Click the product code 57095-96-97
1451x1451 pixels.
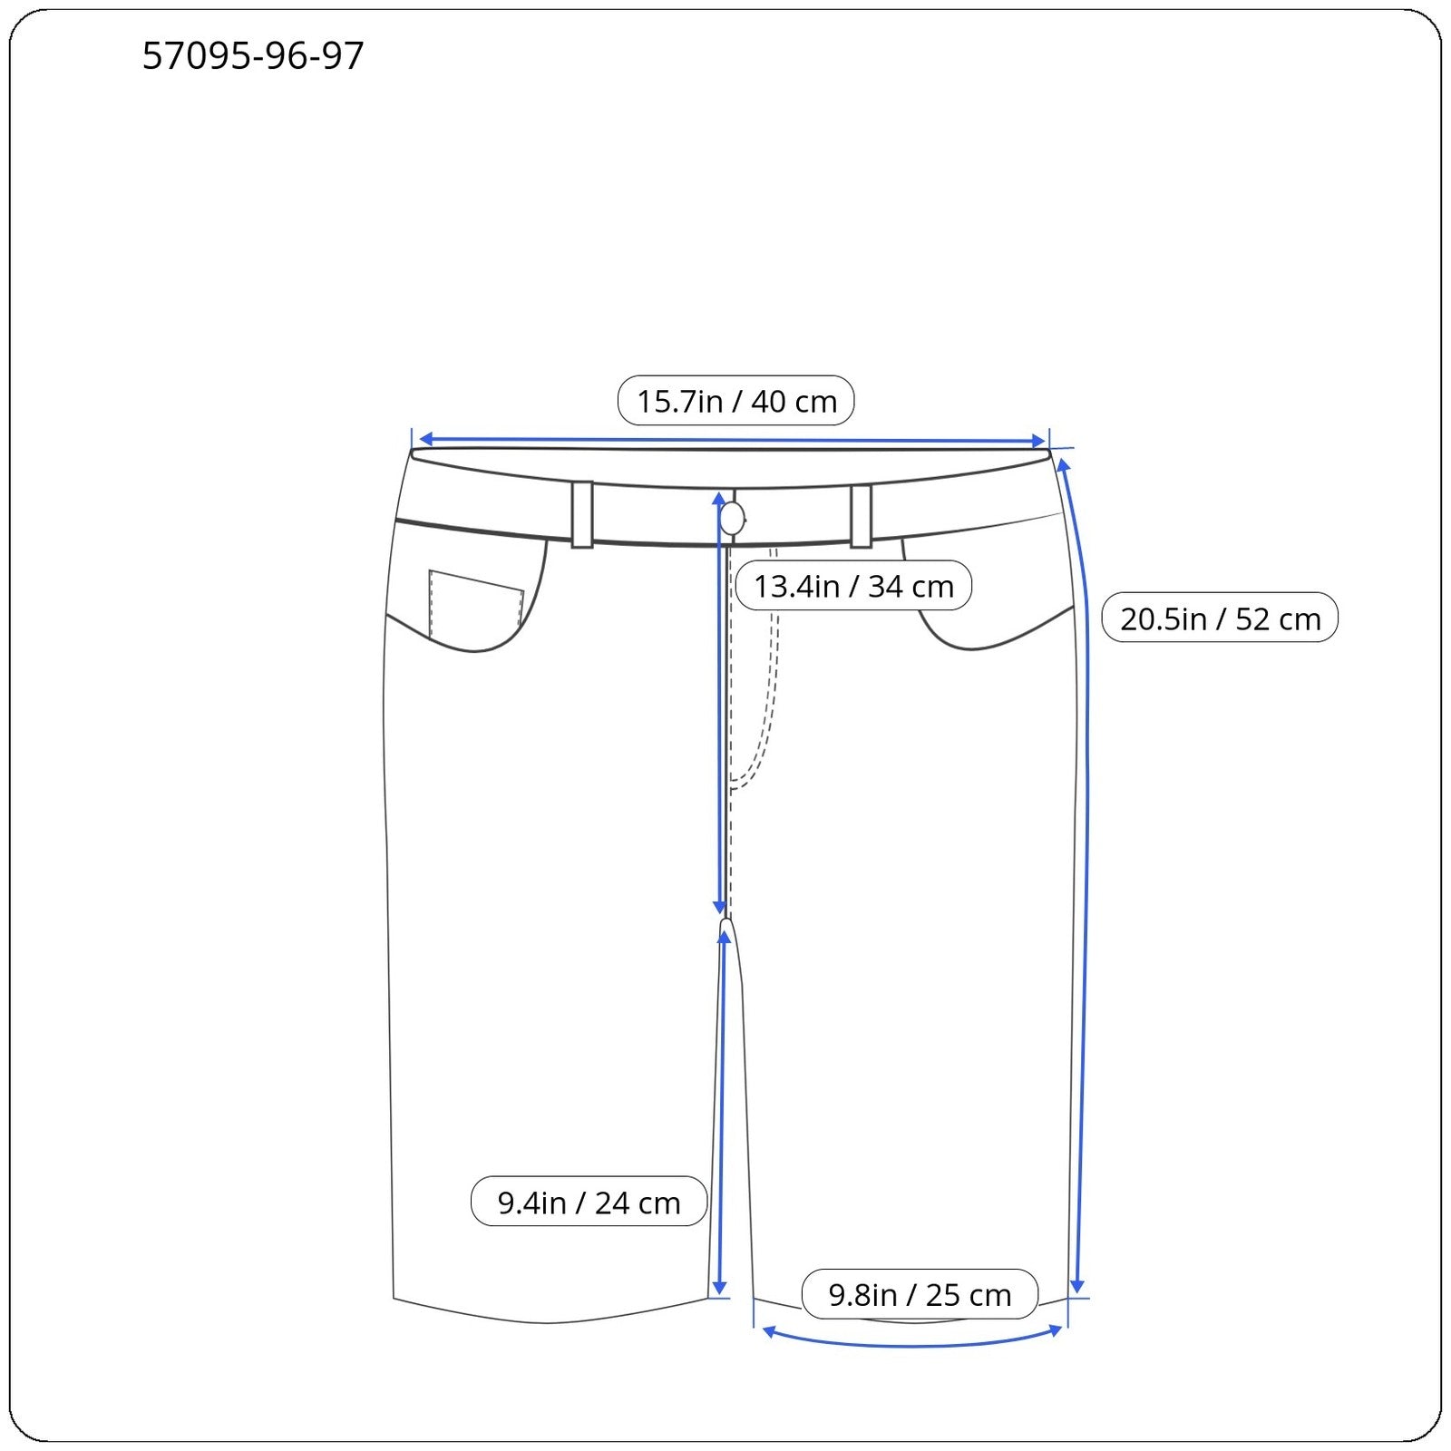click(x=253, y=56)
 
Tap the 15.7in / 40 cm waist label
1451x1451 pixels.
click(x=735, y=401)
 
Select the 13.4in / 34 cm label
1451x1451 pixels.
click(x=853, y=586)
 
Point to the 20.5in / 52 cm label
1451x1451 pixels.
click(x=1220, y=618)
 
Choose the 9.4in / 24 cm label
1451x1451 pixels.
click(x=589, y=1203)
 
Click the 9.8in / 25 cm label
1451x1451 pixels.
click(x=920, y=1295)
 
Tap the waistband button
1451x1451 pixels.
click(x=732, y=520)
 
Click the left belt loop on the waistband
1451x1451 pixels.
click(x=582, y=514)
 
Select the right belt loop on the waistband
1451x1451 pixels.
click(x=861, y=516)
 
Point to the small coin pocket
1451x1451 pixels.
click(x=475, y=602)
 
